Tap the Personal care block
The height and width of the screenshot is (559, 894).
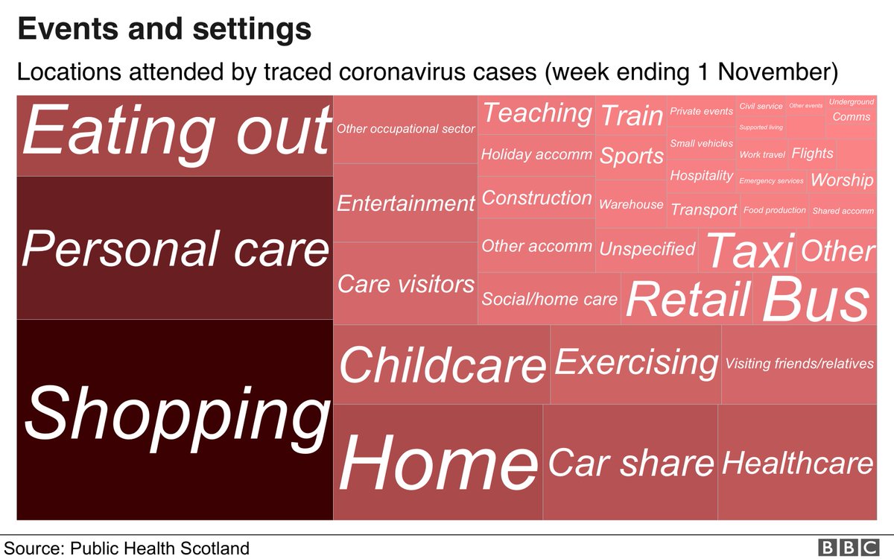point(175,248)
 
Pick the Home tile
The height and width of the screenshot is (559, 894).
point(438,462)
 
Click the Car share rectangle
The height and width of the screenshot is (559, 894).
point(630,462)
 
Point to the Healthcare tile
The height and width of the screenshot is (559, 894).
point(797,462)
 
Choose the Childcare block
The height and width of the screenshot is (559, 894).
point(442,364)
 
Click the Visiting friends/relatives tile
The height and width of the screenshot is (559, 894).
point(799,364)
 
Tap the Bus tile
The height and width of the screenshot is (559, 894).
point(815,300)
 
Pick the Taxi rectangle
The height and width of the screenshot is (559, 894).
point(748,250)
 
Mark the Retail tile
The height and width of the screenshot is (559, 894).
point(687,300)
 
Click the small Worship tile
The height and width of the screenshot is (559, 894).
point(841,180)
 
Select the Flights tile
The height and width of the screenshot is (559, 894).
point(812,154)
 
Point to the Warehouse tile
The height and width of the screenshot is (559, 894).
point(630,204)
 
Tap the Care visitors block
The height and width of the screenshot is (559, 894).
point(405,283)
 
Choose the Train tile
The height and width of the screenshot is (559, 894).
point(630,116)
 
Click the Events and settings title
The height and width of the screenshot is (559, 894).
point(164,30)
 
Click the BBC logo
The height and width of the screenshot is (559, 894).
point(849,548)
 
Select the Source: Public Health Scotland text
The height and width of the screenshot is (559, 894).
point(127,549)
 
